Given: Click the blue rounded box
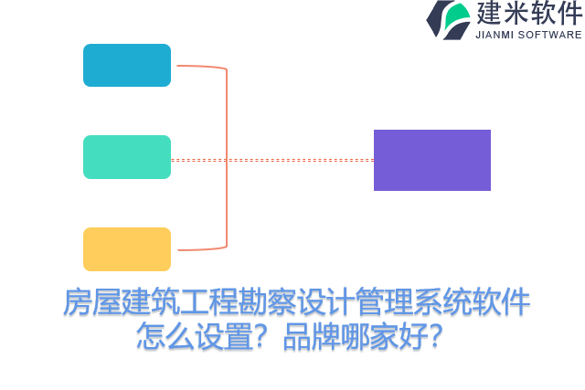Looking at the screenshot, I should point(127,66).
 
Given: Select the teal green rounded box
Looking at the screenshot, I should point(127,157).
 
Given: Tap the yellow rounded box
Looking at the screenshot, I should point(127,249).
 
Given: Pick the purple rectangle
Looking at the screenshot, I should point(432,160).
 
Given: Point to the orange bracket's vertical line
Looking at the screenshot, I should point(227,157).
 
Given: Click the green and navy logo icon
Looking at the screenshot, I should point(448,19).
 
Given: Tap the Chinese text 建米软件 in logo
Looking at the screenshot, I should point(528,14).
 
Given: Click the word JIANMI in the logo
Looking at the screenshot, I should point(495,35).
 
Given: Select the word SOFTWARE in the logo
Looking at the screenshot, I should point(550,35).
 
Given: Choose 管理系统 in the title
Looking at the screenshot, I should point(413,302).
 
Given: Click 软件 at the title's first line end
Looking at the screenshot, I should point(501,302).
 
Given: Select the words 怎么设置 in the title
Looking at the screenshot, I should point(194,335).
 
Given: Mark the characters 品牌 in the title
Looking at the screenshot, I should point(311,335).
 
